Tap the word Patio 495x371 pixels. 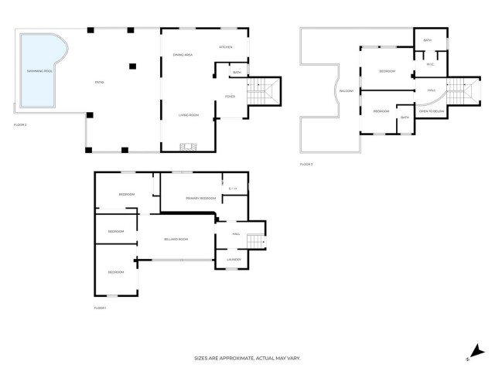pyautogui.click(x=99, y=83)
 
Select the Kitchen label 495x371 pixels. pyautogui.click(x=226, y=48)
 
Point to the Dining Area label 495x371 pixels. pyautogui.click(x=183, y=55)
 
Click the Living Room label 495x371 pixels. pyautogui.click(x=189, y=115)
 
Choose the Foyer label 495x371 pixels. pyautogui.click(x=230, y=97)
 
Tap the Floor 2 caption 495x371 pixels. pyautogui.click(x=21, y=124)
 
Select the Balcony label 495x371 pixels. pyautogui.click(x=346, y=91)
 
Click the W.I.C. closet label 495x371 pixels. pyautogui.click(x=430, y=64)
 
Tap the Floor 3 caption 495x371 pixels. pyautogui.click(x=306, y=165)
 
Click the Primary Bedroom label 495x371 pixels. pyautogui.click(x=200, y=199)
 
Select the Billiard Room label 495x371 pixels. pyautogui.click(x=176, y=240)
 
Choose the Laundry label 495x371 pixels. pyautogui.click(x=234, y=260)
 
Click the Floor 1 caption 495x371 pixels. pyautogui.click(x=100, y=308)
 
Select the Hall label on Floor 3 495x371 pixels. pyautogui.click(x=431, y=90)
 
